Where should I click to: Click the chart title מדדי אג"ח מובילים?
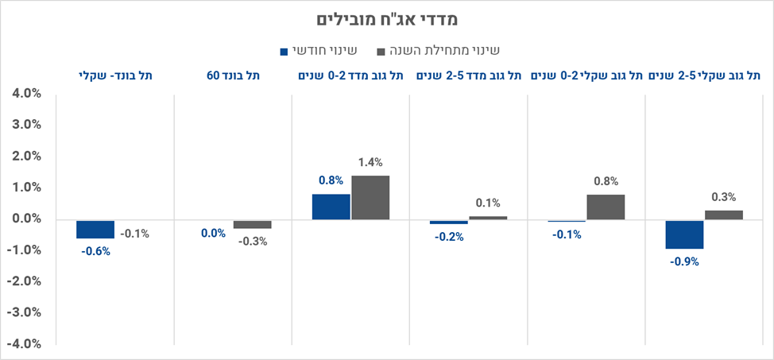coord(386,18)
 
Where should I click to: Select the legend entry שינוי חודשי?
coord(318,50)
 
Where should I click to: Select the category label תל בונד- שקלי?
coord(115,75)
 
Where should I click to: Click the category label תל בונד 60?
coord(233,75)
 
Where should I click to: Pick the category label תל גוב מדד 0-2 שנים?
coord(350,75)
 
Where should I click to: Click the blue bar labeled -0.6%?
coord(95,229)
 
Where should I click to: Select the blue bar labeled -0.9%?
coord(684,234)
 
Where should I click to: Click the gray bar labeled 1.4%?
coord(370,197)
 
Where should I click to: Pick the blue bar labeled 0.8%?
coord(331,207)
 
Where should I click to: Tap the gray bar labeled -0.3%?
coord(252,224)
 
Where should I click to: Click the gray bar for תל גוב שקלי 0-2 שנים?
coord(606,207)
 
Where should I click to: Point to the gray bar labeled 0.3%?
coord(723,215)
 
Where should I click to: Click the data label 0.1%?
coord(488,203)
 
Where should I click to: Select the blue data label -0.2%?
coord(449,236)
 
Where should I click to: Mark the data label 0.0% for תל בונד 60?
coord(213,233)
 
